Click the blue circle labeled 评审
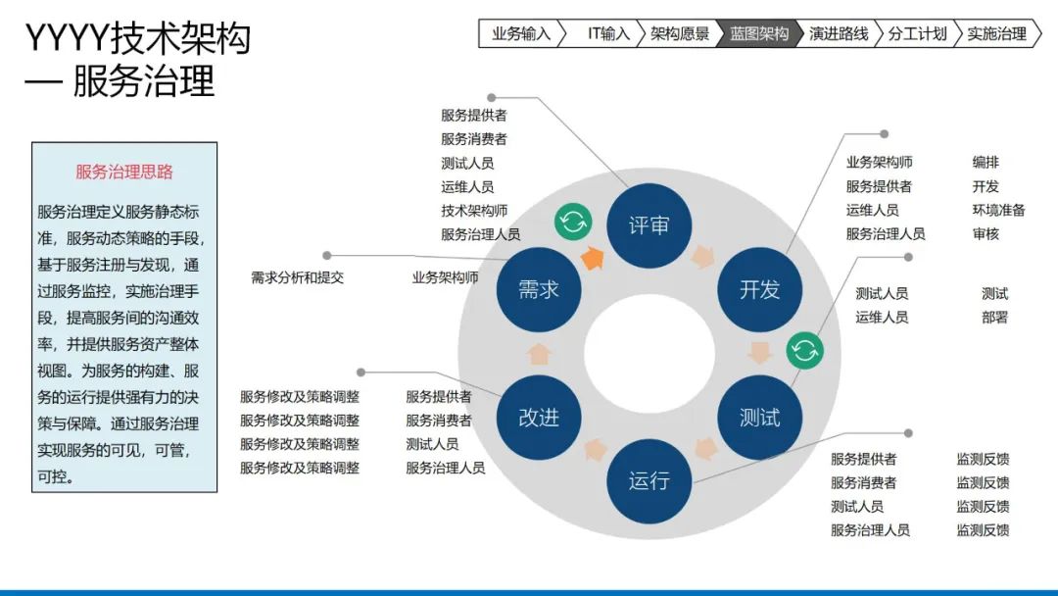coord(649,224)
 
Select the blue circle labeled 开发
coord(759,289)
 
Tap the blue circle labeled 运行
coord(649,480)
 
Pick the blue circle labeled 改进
coord(539,417)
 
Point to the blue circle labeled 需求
coord(539,289)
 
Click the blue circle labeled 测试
coord(759,417)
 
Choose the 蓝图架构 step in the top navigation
coord(759,33)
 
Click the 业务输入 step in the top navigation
coord(521,33)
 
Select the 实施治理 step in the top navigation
coord(996,33)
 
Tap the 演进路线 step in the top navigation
coord(839,33)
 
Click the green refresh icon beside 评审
coord(573,222)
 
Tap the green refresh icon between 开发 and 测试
coord(804,349)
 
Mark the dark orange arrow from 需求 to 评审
coord(592,258)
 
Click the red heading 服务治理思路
coord(124,172)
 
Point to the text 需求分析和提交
coord(298,277)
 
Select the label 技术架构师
coord(474,211)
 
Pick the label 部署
coord(994,317)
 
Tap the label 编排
coord(986,163)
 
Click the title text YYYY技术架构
coord(137,39)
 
